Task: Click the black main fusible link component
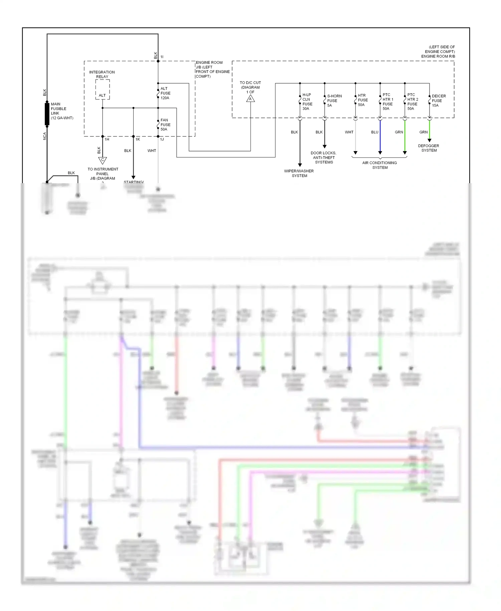[x=47, y=114]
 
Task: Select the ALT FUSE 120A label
[x=165, y=93]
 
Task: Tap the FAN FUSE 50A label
[x=165, y=125]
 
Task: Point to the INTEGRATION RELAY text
[x=102, y=74]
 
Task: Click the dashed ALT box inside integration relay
[x=103, y=90]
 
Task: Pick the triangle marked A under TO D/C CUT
[x=251, y=99]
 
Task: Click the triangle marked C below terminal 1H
[x=103, y=160]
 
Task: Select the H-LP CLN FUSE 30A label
[x=307, y=102]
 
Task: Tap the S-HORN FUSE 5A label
[x=334, y=101]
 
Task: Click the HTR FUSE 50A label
[x=362, y=100]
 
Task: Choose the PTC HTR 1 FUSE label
[x=387, y=102]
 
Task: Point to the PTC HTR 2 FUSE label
[x=412, y=102]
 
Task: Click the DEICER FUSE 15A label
[x=438, y=101]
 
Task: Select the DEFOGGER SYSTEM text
[x=429, y=148]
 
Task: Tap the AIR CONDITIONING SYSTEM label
[x=380, y=165]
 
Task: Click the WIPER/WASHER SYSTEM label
[x=299, y=173]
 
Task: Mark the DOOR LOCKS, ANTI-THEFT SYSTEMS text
[x=323, y=157]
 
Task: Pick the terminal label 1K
[x=138, y=139]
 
